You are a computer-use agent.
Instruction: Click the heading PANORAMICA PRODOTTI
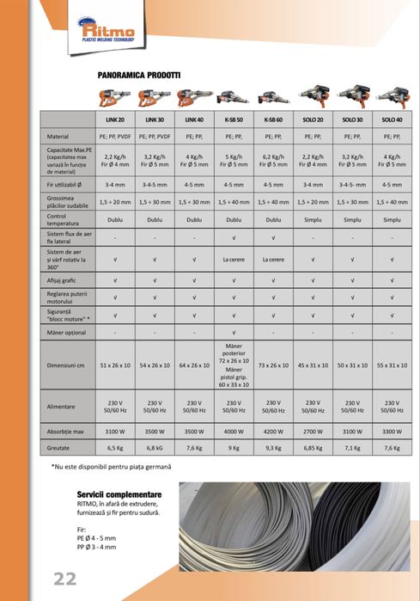(139, 75)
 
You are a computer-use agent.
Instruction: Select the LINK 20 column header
(115, 120)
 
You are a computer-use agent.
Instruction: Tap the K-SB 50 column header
(234, 120)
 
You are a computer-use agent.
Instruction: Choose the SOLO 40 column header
(392, 120)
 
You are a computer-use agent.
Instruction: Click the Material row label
(58, 137)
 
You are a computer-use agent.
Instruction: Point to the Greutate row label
(62, 447)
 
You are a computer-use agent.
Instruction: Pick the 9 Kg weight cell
(234, 447)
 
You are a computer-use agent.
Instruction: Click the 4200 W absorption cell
(273, 431)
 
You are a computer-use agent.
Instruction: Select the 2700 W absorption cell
(313, 431)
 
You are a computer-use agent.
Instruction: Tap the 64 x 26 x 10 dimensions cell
(194, 365)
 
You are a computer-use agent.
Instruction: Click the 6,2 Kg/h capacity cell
(273, 161)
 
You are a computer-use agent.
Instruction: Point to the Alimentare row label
(62, 406)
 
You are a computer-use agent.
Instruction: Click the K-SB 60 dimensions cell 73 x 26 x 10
(273, 365)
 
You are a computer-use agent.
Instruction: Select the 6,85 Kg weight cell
(313, 447)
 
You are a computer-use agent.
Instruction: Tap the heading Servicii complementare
(119, 496)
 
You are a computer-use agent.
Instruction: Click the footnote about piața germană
(112, 467)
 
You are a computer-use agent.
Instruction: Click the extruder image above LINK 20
(114, 96)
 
